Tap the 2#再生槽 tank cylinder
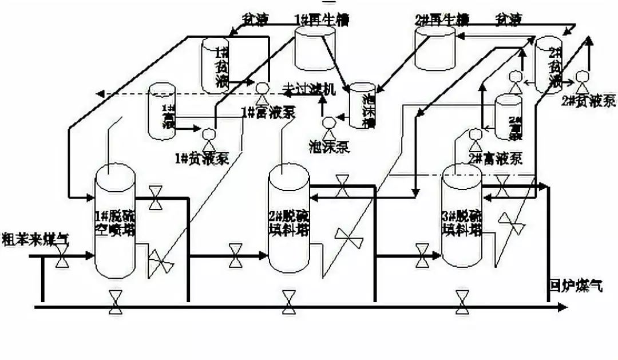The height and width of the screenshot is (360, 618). pyautogui.click(x=435, y=47)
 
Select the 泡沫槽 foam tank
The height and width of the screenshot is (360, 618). pyautogui.click(x=362, y=106)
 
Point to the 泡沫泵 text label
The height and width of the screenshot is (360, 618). pyautogui.click(x=329, y=147)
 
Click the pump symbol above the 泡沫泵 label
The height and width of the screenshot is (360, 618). pyautogui.click(x=329, y=123)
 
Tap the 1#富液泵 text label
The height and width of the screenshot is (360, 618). pyautogui.click(x=270, y=112)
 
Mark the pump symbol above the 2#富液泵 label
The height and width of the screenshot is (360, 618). pyautogui.click(x=474, y=134)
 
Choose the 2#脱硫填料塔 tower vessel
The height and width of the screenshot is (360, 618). pyautogui.click(x=289, y=220)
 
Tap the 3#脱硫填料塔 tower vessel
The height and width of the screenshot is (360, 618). pyautogui.click(x=462, y=217)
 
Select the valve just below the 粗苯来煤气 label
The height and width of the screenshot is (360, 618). pyautogui.click(x=61, y=262)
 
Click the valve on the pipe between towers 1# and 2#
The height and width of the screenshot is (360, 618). pyautogui.click(x=235, y=255)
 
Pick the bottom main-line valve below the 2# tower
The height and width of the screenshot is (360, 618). pyautogui.click(x=288, y=302)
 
